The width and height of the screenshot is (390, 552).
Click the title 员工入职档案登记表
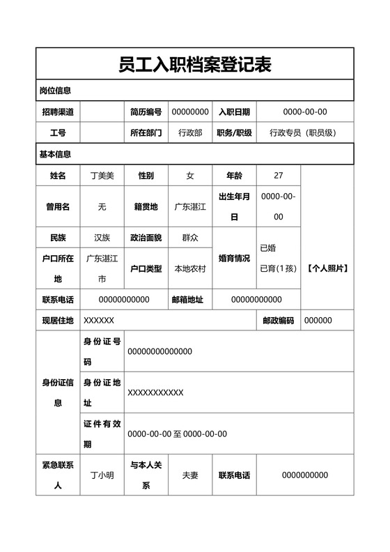pyautogui.click(x=194, y=65)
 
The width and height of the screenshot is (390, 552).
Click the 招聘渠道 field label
pyautogui.click(x=58, y=112)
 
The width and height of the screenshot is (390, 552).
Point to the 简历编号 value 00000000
pyautogui.click(x=190, y=112)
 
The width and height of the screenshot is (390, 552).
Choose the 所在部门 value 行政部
pyautogui.click(x=190, y=132)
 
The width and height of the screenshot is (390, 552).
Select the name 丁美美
pyautogui.click(x=102, y=176)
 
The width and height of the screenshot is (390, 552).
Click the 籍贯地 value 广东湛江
pyautogui.click(x=190, y=207)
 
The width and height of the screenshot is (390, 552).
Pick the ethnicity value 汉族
pyautogui.click(x=102, y=238)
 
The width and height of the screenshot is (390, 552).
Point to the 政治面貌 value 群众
pyautogui.click(x=190, y=238)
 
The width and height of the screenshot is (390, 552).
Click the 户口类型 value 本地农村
pyautogui.click(x=190, y=268)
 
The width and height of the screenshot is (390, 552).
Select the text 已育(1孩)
pyautogui.click(x=279, y=268)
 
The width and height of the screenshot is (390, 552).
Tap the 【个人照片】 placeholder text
pyautogui.click(x=327, y=268)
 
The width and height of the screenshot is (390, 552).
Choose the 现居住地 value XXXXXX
pyautogui.click(x=99, y=321)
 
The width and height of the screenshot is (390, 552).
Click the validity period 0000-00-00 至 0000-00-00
pyautogui.click(x=177, y=434)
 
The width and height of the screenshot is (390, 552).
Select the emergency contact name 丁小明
pyautogui.click(x=102, y=475)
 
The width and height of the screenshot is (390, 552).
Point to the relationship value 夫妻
pyautogui.click(x=190, y=475)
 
